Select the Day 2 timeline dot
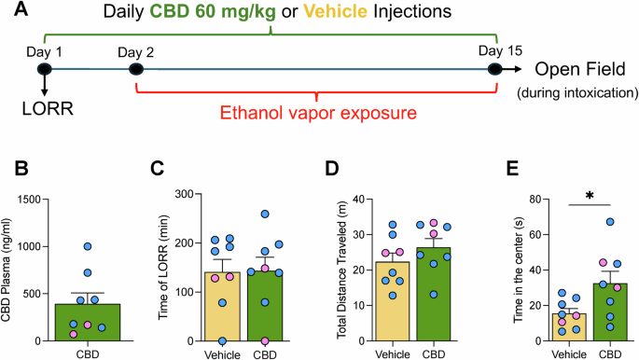coord(136,68)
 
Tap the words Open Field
coord(577,69)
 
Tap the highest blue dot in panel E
coord(609,222)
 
